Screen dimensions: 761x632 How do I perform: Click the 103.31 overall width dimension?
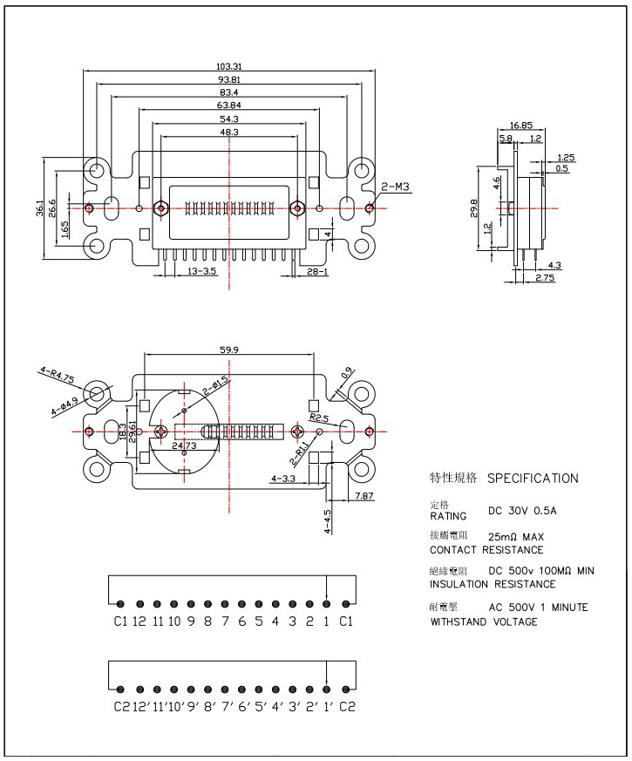[229, 67]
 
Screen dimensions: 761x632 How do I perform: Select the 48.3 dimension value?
[229, 132]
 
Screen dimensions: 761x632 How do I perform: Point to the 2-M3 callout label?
[396, 187]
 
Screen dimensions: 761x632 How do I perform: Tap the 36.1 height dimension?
[40, 209]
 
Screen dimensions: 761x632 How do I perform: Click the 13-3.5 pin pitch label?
[201, 273]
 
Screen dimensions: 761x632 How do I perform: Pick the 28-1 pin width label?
[316, 273]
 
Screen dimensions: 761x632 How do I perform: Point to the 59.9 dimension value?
[229, 350]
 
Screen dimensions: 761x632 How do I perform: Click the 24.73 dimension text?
[185, 445]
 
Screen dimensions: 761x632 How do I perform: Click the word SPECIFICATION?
[533, 478]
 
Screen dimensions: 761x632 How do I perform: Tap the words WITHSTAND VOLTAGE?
[484, 622]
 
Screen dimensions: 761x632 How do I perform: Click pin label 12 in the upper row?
[139, 622]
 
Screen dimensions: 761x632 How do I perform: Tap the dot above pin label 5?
[258, 603]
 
